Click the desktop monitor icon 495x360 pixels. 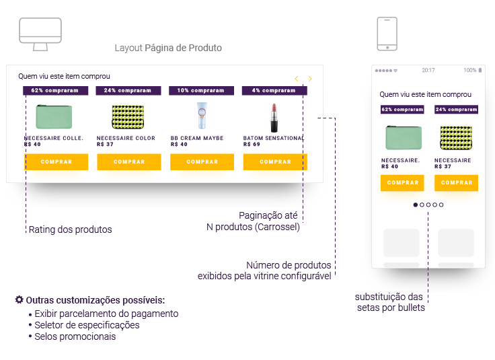click(40, 34)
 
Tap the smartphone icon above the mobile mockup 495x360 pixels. click(387, 34)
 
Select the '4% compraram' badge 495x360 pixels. click(274, 90)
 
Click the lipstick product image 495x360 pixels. click(274, 117)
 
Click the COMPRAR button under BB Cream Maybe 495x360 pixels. click(202, 161)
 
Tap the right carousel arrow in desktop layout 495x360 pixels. click(310, 79)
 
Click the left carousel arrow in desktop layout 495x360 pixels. click(297, 79)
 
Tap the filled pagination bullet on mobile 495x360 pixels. click(416, 205)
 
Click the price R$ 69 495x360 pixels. click(252, 144)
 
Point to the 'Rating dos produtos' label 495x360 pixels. click(70, 229)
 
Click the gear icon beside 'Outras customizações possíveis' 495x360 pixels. click(20, 299)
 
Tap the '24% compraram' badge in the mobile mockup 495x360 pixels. click(456, 109)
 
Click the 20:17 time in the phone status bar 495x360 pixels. click(428, 70)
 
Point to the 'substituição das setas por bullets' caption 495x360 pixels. click(390, 303)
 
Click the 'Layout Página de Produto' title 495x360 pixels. click(168, 48)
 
